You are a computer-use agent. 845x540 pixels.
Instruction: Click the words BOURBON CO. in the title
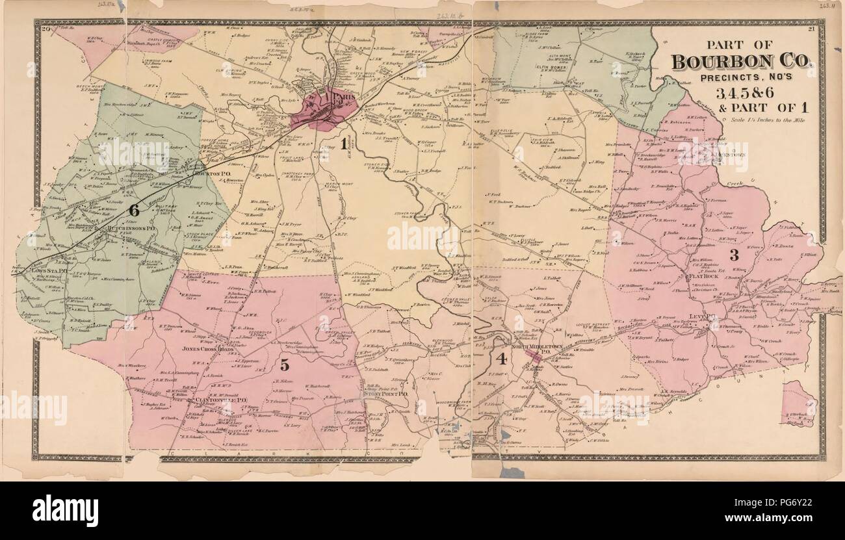[x=742, y=62]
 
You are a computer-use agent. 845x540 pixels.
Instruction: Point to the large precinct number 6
[x=135, y=210]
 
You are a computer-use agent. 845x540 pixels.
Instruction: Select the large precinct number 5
[x=284, y=365]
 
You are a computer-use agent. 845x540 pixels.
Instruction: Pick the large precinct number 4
[x=500, y=358]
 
